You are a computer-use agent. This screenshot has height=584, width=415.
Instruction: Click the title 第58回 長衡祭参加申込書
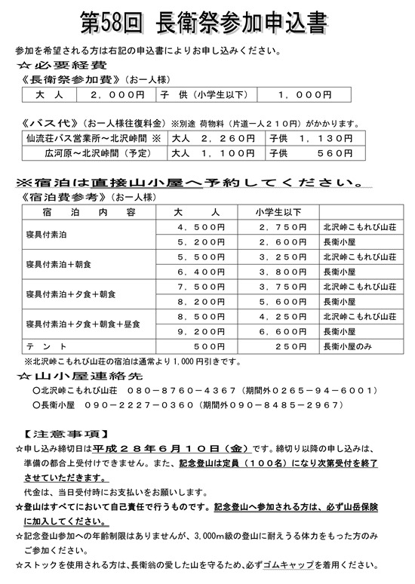click(x=207, y=23)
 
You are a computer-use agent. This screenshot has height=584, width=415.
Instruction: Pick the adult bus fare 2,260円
click(x=214, y=139)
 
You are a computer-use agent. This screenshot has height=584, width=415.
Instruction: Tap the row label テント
click(x=38, y=345)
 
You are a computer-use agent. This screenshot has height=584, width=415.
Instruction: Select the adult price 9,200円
click(x=200, y=330)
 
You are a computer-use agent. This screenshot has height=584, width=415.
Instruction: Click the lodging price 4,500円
click(x=200, y=227)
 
